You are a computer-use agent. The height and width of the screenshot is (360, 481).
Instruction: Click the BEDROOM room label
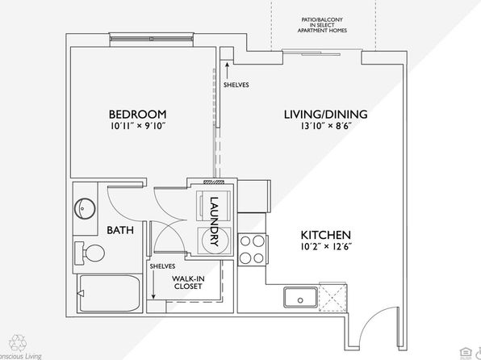coord(138,114)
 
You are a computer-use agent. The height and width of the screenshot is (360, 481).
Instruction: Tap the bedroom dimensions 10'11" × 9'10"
coord(138,126)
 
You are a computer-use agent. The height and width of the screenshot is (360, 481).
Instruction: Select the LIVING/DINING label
coord(326,114)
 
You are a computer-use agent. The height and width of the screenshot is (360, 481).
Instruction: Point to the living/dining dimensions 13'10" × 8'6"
coord(326,126)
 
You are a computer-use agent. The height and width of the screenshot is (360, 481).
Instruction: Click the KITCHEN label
coord(326,235)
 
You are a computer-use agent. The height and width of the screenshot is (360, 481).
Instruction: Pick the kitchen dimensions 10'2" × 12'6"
coord(326,246)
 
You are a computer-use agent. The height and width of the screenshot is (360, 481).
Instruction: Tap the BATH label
coord(120,230)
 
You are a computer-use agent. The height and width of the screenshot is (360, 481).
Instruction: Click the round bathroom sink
coord(85,209)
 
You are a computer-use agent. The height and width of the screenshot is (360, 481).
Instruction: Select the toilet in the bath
coord(90,253)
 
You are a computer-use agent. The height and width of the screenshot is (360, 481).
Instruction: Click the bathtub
coord(110,293)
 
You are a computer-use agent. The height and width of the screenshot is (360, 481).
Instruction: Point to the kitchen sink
coord(300,297)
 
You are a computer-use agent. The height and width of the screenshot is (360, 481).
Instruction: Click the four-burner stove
coord(253,249)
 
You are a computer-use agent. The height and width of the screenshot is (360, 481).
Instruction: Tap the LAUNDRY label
coord(214,222)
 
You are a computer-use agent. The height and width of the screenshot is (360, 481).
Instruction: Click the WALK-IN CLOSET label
coord(188,283)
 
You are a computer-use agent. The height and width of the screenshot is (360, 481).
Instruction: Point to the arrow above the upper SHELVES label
coord(227,70)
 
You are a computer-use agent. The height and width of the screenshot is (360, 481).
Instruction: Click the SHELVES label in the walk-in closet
coord(162,266)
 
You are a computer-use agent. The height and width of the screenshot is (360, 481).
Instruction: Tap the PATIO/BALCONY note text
coord(322,25)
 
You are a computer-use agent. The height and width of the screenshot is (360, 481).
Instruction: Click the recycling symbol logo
coord(18,343)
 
